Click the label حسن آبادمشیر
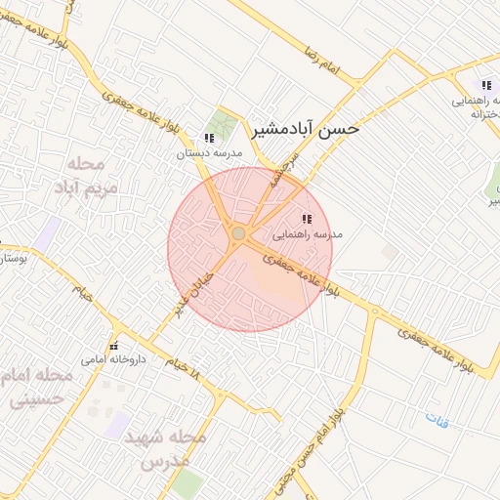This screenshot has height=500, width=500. [307, 128]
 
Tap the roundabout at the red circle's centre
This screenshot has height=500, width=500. [238, 232]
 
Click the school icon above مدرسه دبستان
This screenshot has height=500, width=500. [209, 138]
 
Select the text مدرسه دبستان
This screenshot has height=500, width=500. [207, 153]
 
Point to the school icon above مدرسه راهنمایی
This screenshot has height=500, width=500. [307, 219]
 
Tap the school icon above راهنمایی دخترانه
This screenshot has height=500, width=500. [486, 86]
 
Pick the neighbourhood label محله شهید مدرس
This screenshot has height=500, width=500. [165, 448]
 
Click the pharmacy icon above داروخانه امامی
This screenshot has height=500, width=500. [115, 346]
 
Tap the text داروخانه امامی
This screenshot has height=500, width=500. [114, 359]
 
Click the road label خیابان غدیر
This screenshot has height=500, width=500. [194, 291]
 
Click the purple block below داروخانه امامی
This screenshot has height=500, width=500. [119, 423]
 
